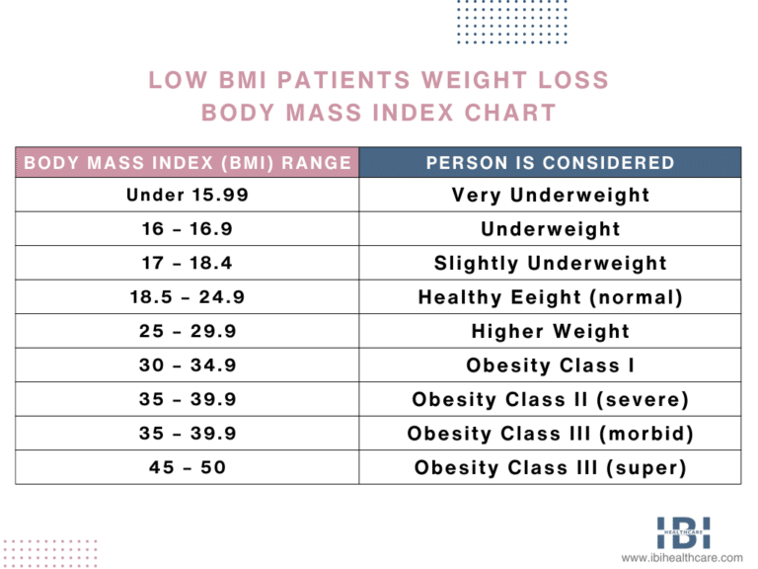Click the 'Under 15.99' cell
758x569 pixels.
[x=188, y=196]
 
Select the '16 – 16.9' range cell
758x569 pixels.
[x=188, y=229]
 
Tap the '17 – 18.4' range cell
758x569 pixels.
[x=188, y=264]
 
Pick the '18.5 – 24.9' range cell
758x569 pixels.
[x=188, y=297]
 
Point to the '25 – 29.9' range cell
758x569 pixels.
[x=188, y=332]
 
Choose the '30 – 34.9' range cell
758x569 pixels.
[x=188, y=366]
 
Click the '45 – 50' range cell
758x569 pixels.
[x=188, y=467]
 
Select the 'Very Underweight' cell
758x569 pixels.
[x=551, y=196]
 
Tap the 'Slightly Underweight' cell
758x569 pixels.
[x=551, y=264]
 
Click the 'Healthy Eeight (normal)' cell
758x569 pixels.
[x=551, y=297]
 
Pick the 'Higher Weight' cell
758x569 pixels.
[x=551, y=332]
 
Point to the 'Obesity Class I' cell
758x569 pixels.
[x=551, y=366]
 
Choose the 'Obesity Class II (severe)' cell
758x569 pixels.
[x=551, y=400]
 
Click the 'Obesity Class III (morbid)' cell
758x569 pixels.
[x=551, y=434]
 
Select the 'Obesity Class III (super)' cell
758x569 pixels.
[x=551, y=467]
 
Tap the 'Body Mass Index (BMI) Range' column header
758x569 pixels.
[x=188, y=163]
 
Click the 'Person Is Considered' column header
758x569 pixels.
[x=551, y=163]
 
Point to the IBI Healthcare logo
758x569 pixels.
[x=683, y=533]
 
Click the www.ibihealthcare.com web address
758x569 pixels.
[x=682, y=559]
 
